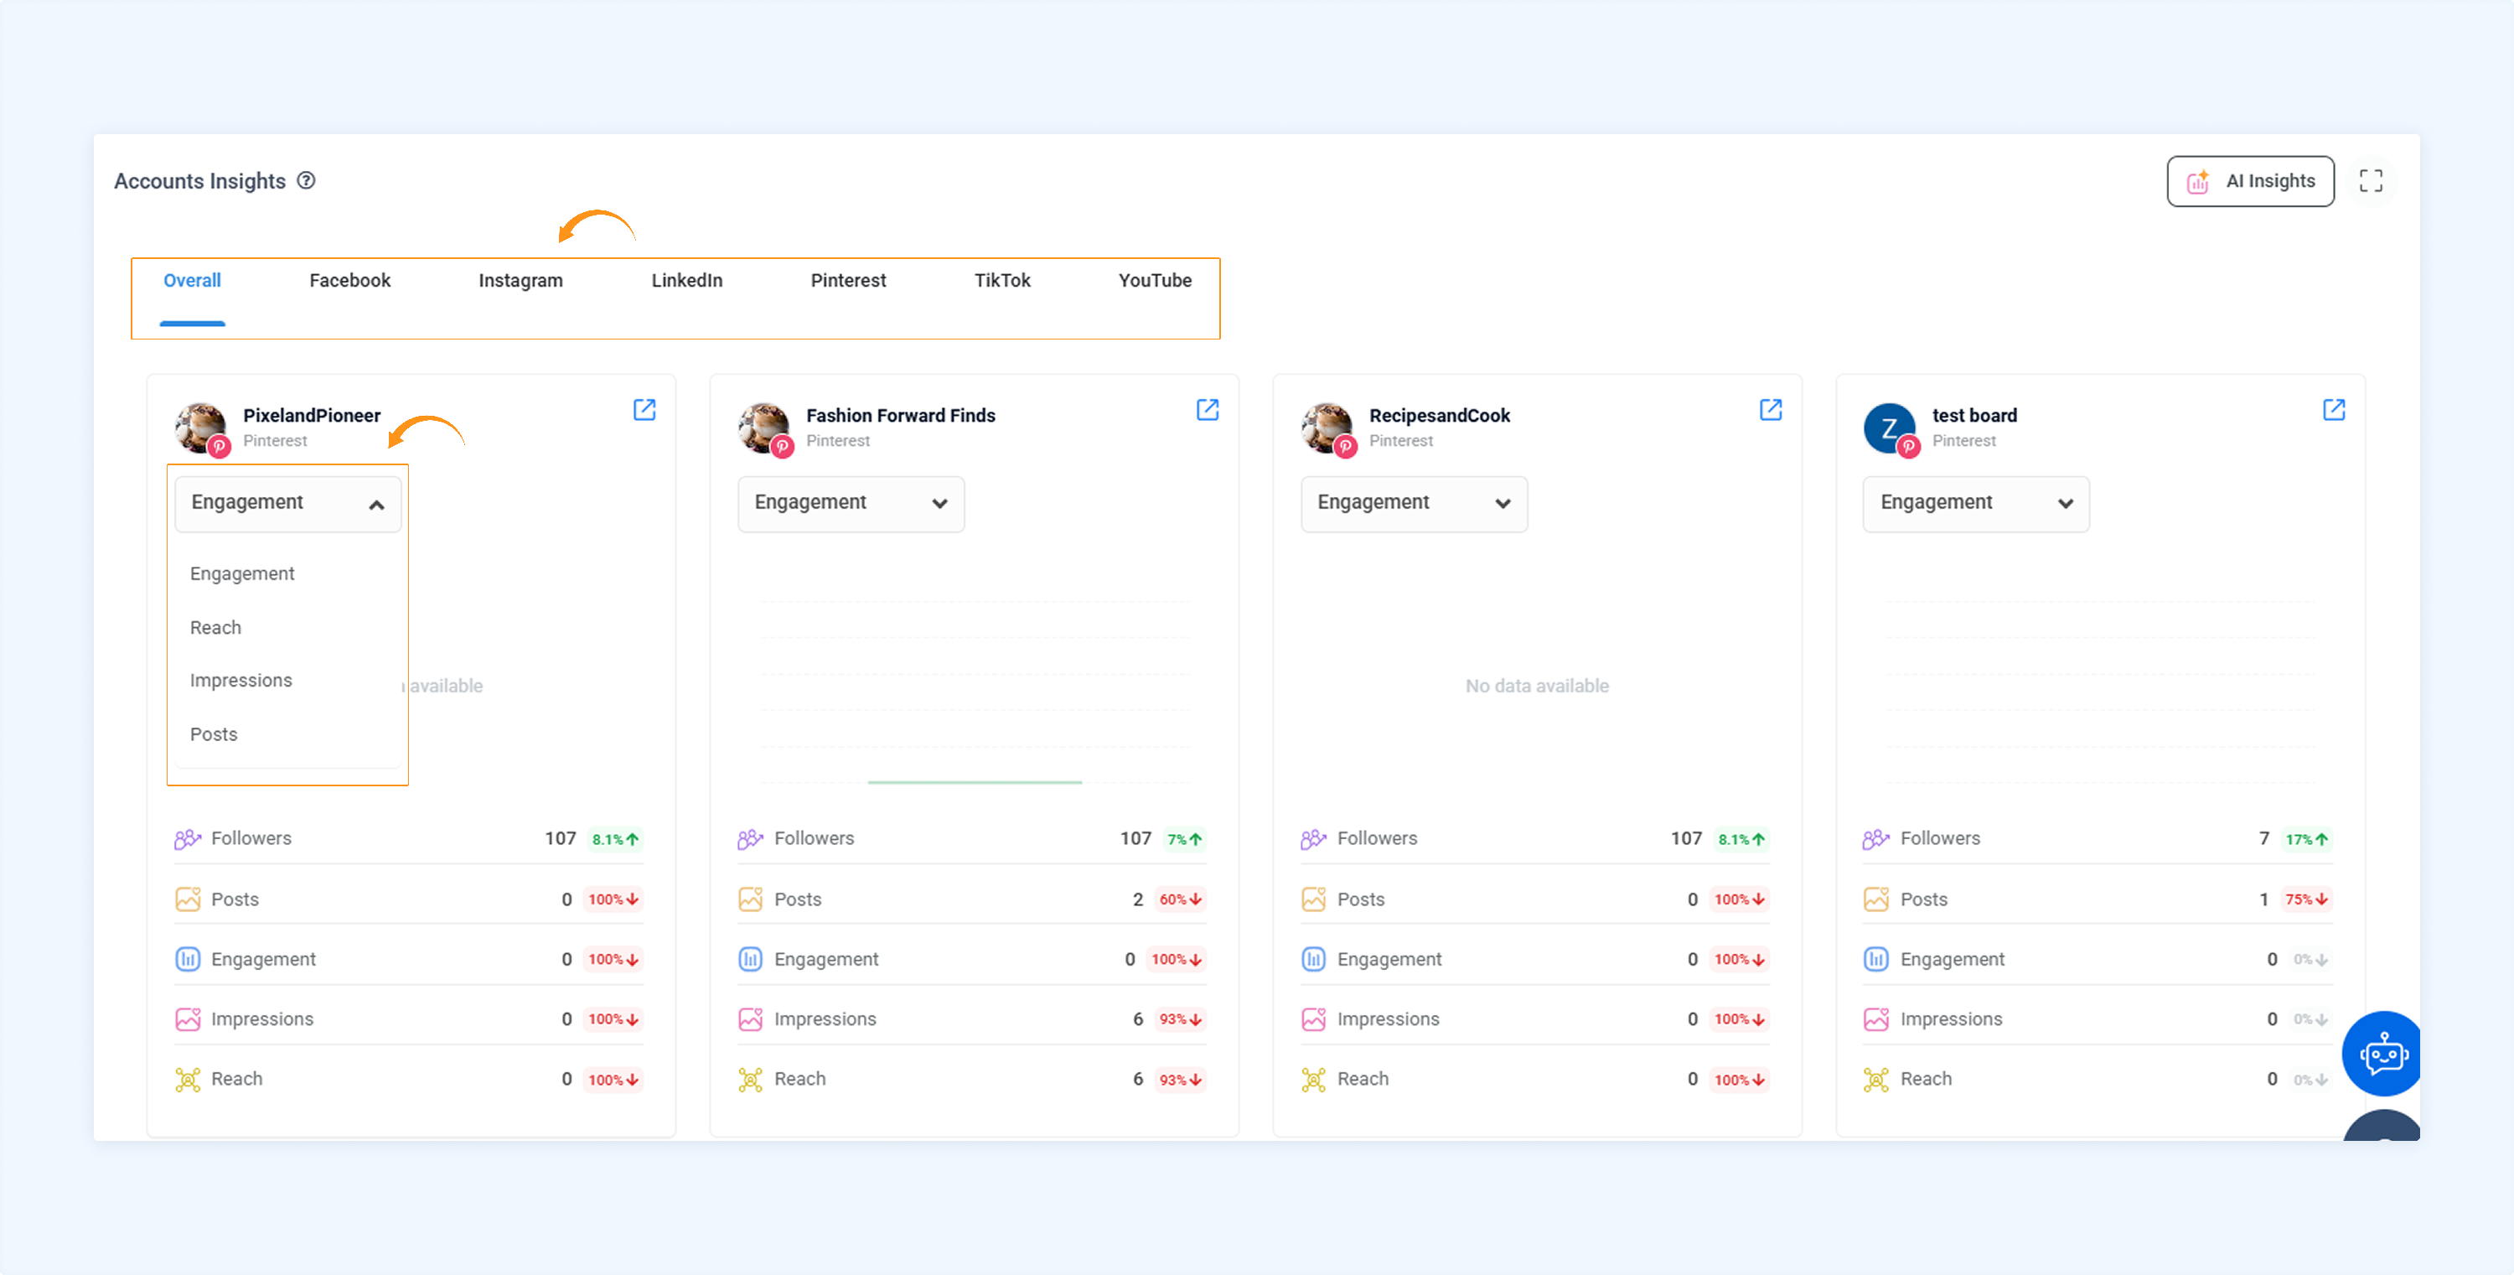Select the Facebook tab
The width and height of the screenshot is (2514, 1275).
click(x=349, y=280)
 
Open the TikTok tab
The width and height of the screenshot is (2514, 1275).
click(x=1002, y=280)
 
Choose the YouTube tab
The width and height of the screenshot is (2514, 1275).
click(x=1155, y=280)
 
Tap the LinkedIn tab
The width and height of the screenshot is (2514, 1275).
click(x=687, y=280)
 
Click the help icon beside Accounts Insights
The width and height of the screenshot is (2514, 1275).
click(x=307, y=180)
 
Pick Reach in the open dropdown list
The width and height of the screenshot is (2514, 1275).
click(x=215, y=628)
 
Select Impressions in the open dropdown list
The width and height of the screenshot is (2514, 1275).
click(x=241, y=681)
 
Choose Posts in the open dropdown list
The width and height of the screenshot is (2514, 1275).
click(x=214, y=734)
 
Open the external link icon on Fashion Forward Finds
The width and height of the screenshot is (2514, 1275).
click(x=1208, y=410)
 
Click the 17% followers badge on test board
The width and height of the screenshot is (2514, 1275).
click(x=2306, y=840)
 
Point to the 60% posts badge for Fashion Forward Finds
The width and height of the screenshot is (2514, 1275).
click(x=1180, y=899)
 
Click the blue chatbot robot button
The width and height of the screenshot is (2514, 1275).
click(x=2382, y=1054)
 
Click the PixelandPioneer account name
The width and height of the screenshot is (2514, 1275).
click(x=312, y=415)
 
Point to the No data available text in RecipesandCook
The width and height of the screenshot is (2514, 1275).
click(x=1537, y=687)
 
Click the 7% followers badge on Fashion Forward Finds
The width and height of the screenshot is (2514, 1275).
click(x=1185, y=840)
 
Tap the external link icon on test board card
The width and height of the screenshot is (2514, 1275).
click(x=2334, y=410)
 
